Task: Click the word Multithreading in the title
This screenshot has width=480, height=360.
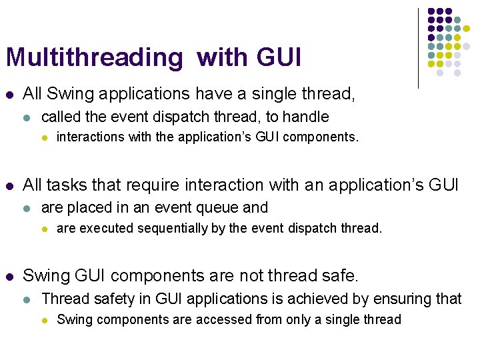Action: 93,58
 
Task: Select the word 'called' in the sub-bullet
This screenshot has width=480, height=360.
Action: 61,117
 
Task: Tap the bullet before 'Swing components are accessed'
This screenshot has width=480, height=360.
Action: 44,320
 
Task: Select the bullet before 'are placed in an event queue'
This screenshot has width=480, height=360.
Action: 26,208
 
